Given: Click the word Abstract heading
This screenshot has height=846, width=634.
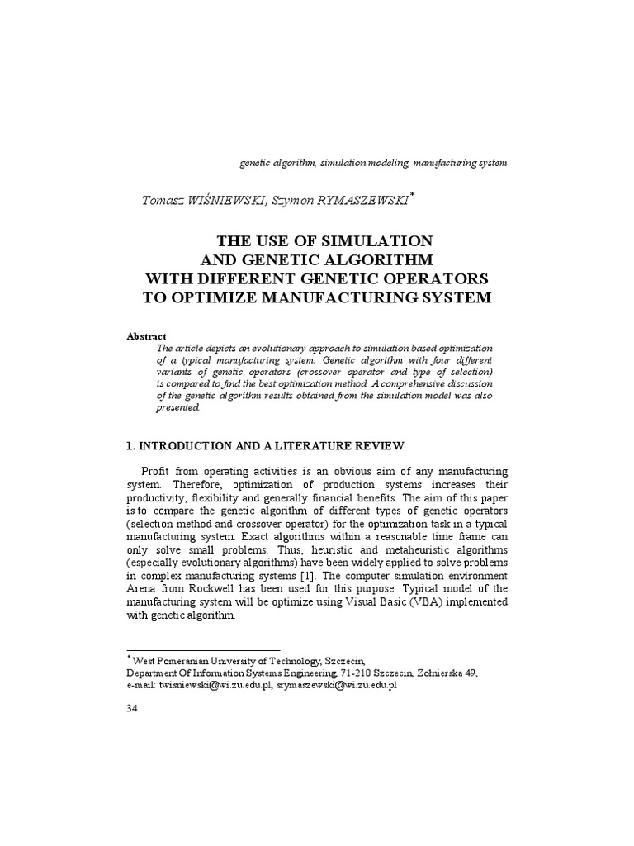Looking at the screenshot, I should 146,336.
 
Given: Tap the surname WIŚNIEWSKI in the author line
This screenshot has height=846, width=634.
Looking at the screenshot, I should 222,201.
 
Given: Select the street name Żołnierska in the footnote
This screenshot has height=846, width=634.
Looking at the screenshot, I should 438,673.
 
